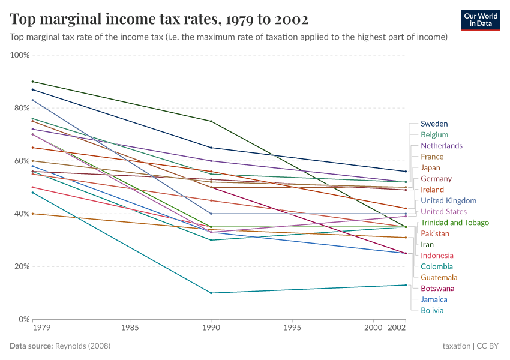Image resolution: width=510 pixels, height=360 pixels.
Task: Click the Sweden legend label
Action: (x=434, y=124)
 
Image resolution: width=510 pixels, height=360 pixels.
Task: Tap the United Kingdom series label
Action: (x=448, y=200)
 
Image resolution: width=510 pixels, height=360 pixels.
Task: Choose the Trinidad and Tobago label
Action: (x=454, y=223)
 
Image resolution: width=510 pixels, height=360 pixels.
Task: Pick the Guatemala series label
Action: (x=439, y=277)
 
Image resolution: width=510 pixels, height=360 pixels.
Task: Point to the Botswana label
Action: (x=437, y=289)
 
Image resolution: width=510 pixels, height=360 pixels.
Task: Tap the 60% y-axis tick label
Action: (x=21, y=161)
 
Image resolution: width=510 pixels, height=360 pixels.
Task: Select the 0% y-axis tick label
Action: (x=23, y=319)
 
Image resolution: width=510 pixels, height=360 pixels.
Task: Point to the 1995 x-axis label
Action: (x=292, y=328)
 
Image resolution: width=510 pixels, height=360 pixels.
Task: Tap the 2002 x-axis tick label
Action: (x=397, y=328)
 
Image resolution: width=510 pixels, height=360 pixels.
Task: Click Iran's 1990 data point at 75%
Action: (x=210, y=121)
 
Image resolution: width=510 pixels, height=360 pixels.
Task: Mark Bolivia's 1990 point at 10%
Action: (x=210, y=293)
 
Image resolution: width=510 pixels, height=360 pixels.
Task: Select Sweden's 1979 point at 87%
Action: (x=32, y=89)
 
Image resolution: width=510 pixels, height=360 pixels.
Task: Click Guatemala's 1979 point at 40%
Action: (x=32, y=214)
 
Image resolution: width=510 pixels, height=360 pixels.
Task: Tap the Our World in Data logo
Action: (x=481, y=20)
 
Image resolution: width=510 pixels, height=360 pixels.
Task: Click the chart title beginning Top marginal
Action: (x=159, y=20)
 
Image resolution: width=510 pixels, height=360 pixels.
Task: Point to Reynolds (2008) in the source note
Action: (x=83, y=346)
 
